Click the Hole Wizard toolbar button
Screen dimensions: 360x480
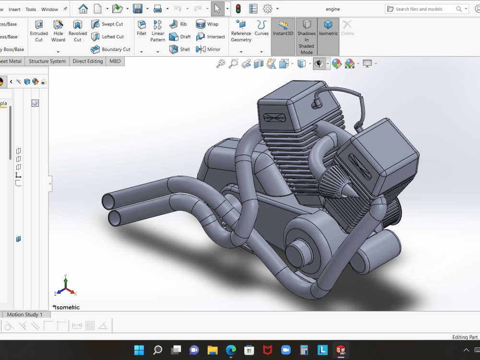(58, 30)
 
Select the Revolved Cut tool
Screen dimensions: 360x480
(77, 30)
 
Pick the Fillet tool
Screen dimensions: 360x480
(142, 28)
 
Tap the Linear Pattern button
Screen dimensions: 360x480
(157, 30)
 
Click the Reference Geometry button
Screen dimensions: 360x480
(241, 30)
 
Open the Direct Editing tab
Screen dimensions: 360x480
(87, 61)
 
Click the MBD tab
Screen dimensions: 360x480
(115, 61)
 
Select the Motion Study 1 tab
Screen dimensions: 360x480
(24, 314)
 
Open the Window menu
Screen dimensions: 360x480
(49, 9)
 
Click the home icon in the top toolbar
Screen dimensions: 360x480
(83, 9)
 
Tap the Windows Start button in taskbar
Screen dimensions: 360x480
(139, 349)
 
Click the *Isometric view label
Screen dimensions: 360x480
(66, 307)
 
